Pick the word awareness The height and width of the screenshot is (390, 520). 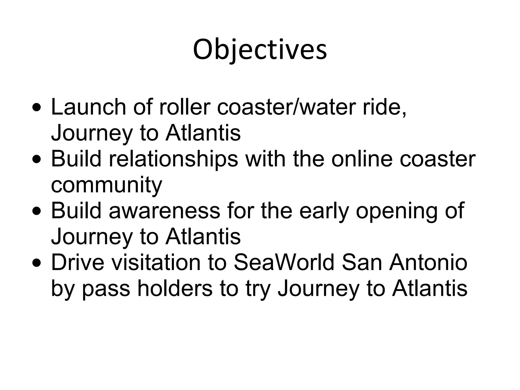tap(164, 211)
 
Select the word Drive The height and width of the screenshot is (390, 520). tap(77, 263)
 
